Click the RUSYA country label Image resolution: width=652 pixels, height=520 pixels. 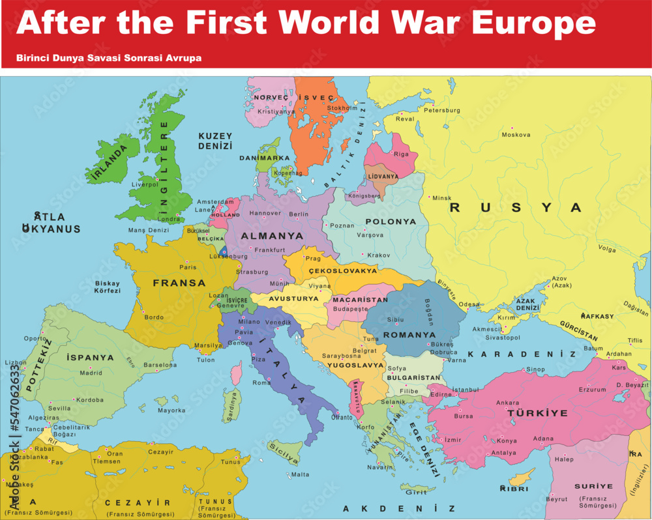515,208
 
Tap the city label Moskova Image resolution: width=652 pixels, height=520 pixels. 516,135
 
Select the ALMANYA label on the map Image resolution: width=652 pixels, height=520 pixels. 273,236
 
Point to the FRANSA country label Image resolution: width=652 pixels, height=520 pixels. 179,283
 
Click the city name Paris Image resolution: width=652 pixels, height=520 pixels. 188,267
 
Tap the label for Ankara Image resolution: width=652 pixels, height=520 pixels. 508,403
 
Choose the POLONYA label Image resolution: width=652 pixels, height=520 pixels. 391,222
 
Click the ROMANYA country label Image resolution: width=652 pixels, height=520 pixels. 409,335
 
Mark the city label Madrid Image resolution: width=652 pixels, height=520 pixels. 91,373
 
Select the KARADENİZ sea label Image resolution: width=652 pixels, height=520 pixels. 522,354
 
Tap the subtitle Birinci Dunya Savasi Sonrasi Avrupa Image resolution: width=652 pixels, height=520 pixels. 109,58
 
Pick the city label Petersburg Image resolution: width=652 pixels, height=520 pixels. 441,110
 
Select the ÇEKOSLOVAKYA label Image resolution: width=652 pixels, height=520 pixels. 343,270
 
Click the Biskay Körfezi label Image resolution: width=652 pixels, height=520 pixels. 108,287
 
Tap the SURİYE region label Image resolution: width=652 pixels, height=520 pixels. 593,486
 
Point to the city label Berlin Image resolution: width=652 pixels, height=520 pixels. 299,214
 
